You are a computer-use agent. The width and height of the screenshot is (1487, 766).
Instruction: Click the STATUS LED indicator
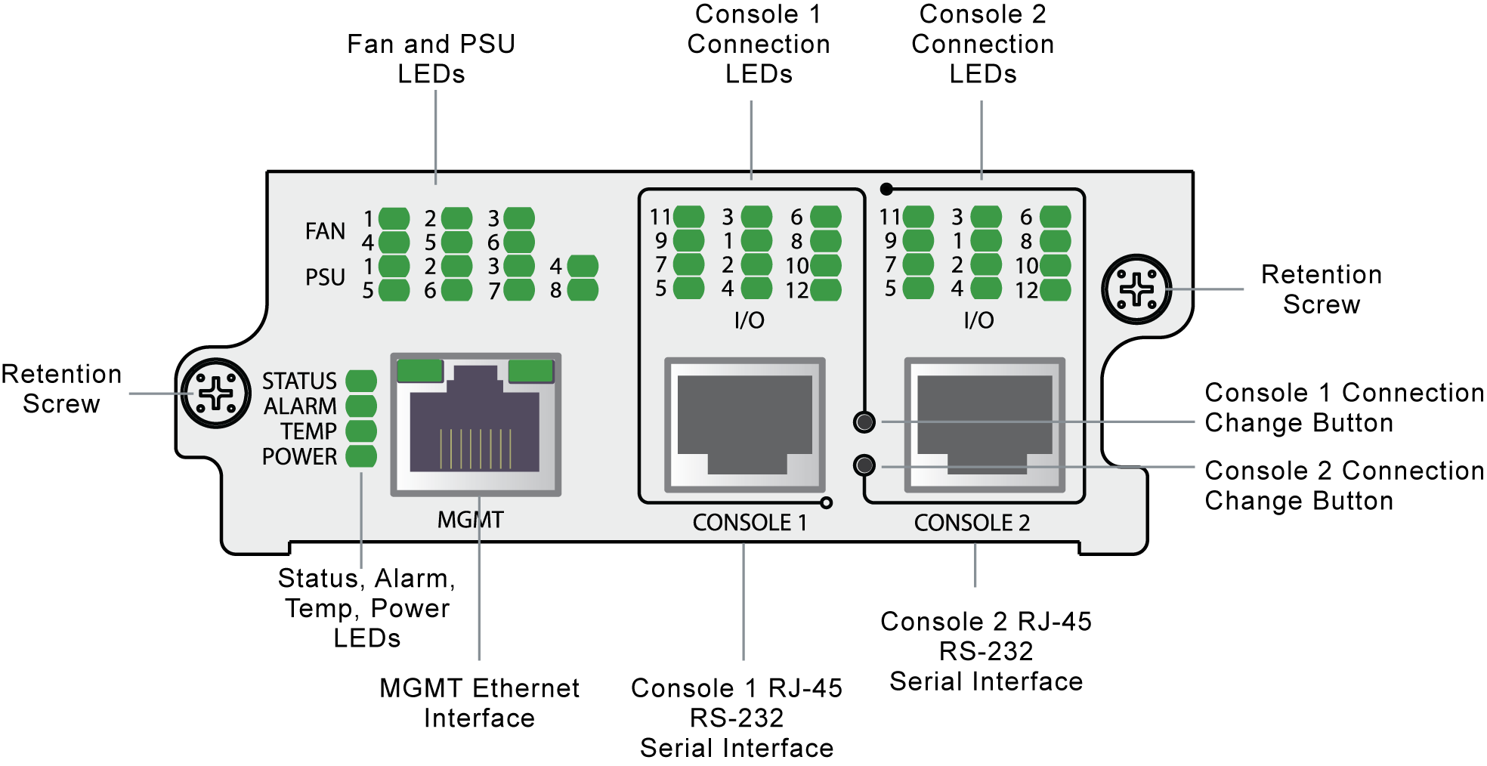(x=361, y=381)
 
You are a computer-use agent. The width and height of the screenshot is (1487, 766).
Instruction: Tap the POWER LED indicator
(x=361, y=456)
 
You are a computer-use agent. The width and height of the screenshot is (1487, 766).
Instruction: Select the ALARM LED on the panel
(x=361, y=406)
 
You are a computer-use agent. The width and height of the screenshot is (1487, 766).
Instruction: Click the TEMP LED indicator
(x=361, y=431)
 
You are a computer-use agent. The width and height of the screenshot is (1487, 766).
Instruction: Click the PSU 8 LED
(x=583, y=290)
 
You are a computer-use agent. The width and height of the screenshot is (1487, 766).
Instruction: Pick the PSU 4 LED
(x=583, y=266)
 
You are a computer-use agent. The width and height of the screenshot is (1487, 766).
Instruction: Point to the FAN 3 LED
(x=519, y=218)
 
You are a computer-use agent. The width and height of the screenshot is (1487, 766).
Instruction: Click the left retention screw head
(x=216, y=394)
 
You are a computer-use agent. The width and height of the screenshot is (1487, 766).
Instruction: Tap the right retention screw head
(x=1136, y=289)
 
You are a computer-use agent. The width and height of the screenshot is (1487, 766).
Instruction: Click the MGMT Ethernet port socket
(x=475, y=423)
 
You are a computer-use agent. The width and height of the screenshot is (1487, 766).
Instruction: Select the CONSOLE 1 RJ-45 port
(x=744, y=425)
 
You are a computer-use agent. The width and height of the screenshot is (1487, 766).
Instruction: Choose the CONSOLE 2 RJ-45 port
(x=985, y=425)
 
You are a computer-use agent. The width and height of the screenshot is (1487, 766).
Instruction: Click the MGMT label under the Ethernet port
(x=470, y=520)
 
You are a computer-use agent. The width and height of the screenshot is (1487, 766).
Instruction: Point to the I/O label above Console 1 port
(x=750, y=320)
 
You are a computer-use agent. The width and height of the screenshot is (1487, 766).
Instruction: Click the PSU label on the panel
(x=325, y=277)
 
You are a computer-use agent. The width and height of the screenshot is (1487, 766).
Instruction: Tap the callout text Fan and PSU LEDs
(x=431, y=59)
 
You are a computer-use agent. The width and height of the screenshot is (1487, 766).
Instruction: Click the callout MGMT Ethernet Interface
(x=479, y=703)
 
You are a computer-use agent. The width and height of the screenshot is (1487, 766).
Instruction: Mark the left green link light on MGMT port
(x=419, y=371)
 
